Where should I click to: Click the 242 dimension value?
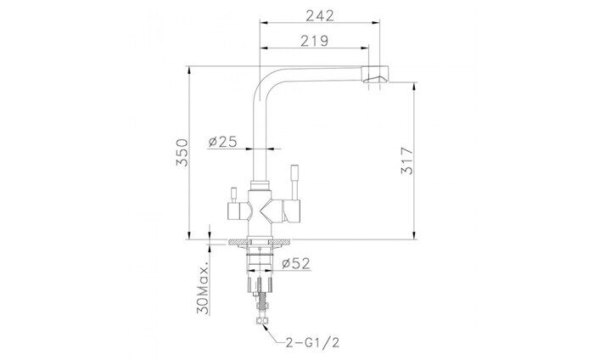point(320,15)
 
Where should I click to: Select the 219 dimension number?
point(315,41)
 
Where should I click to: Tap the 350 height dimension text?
point(182,153)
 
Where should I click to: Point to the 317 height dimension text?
point(407,160)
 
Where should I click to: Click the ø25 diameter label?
point(222,142)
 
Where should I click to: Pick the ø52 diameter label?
point(296,263)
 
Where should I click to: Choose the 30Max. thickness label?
point(203,288)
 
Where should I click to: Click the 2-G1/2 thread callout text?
point(312,343)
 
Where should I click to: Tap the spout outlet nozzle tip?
point(375,74)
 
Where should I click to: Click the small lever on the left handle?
point(233,195)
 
